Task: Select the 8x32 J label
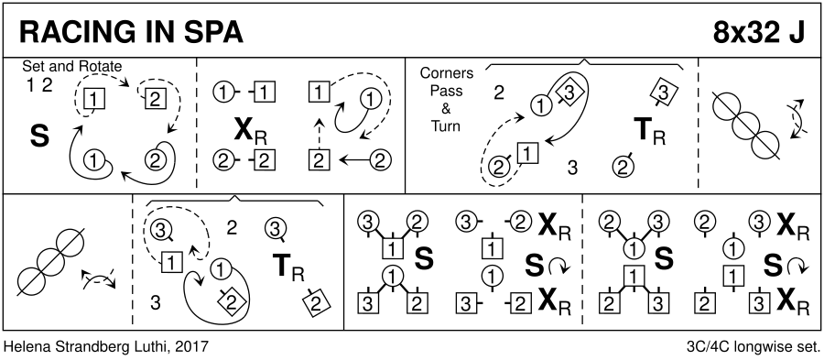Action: pos(758,33)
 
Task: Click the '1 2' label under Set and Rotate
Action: pos(39,85)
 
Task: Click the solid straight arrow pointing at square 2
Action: pos(356,159)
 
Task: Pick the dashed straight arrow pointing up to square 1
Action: pos(317,133)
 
